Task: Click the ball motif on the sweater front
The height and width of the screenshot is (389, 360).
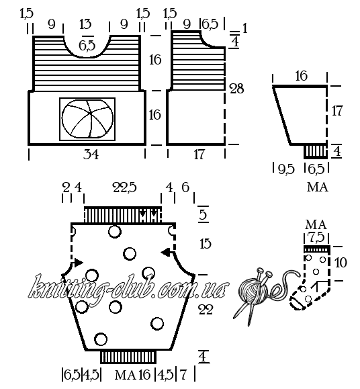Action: click(x=87, y=119)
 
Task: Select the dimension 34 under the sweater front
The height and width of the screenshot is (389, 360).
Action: click(x=91, y=155)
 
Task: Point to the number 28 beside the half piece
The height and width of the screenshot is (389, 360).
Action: click(x=237, y=89)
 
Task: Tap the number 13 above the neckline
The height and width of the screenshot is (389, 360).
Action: click(x=85, y=24)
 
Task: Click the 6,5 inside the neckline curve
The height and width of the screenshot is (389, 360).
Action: click(x=87, y=46)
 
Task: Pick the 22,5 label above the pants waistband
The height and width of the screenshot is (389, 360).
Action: click(x=125, y=187)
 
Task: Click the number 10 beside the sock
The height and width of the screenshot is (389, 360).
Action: click(x=341, y=263)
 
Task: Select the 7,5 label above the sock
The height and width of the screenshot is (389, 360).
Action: click(x=316, y=237)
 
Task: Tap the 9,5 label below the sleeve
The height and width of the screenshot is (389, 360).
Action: click(x=286, y=169)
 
